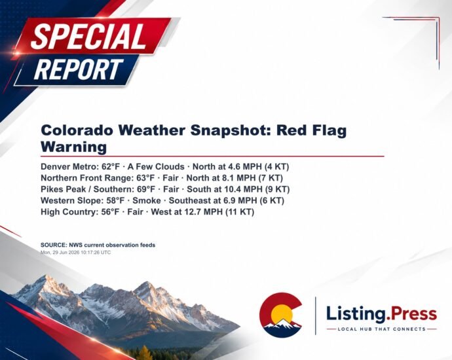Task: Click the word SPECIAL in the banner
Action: (88, 37)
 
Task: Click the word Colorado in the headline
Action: (77, 130)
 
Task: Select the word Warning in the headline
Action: (74, 147)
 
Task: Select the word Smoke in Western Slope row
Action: (147, 200)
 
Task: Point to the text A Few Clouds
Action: (156, 167)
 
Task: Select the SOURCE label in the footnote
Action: (54, 245)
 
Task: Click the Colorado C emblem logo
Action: (281, 315)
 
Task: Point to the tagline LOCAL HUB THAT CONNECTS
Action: (382, 329)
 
